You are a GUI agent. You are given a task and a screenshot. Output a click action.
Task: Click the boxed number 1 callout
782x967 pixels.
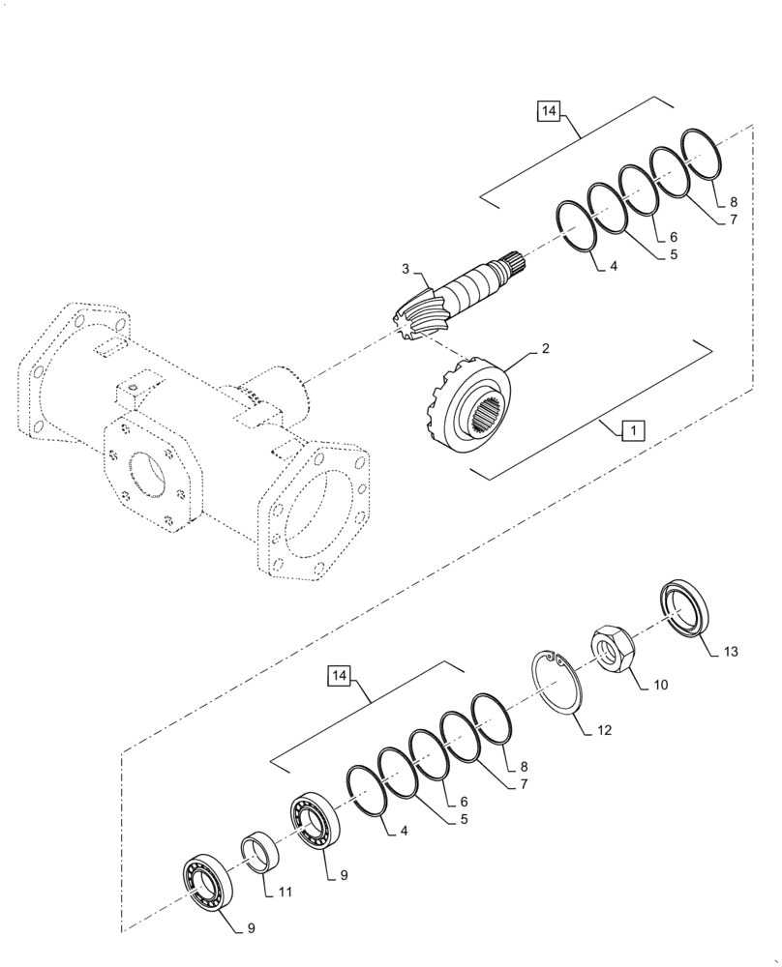[x=630, y=429]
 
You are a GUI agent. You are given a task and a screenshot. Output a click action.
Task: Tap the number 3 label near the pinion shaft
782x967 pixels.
[x=406, y=268]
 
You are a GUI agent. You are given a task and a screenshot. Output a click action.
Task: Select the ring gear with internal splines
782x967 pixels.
[x=468, y=404]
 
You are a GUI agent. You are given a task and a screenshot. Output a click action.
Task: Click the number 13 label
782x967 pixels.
[x=729, y=652]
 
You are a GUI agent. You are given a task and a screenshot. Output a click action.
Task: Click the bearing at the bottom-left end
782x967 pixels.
[x=206, y=881]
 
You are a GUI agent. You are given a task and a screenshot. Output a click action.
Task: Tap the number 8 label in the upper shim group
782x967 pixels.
[x=734, y=203]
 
